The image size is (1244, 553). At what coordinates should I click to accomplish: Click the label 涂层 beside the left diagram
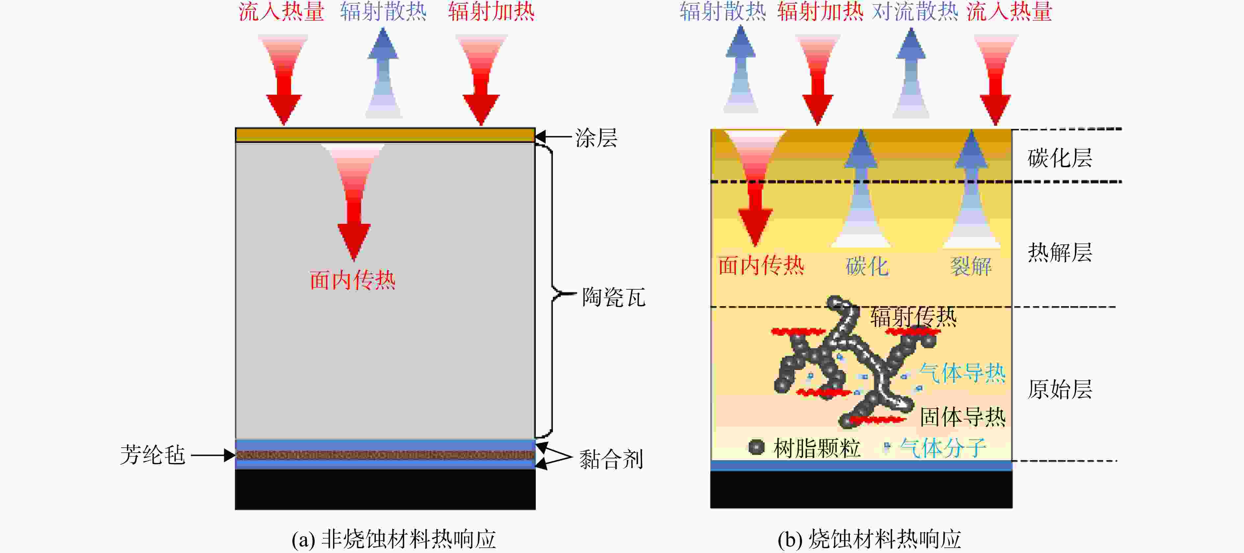[596, 138]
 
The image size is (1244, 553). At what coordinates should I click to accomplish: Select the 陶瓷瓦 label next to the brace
[613, 297]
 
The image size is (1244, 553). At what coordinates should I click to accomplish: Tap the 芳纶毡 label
[153, 455]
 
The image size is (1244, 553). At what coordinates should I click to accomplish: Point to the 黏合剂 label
[611, 459]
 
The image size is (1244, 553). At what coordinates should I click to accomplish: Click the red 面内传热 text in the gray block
[352, 280]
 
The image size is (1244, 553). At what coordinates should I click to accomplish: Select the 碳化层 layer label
[1059, 158]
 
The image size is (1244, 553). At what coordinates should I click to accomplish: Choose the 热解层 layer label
[1059, 252]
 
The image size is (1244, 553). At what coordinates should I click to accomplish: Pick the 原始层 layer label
[1059, 389]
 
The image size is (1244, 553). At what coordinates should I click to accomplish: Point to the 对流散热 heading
[915, 12]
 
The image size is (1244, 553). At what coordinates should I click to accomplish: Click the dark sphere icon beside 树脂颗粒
[756, 447]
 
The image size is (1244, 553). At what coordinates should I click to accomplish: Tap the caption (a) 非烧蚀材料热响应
[394, 539]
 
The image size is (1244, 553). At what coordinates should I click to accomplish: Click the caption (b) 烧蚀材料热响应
[869, 539]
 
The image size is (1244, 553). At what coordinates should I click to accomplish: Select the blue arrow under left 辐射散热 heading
[383, 72]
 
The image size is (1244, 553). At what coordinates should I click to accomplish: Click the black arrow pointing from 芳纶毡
[213, 455]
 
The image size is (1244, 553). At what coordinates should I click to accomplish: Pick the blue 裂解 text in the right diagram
[971, 266]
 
